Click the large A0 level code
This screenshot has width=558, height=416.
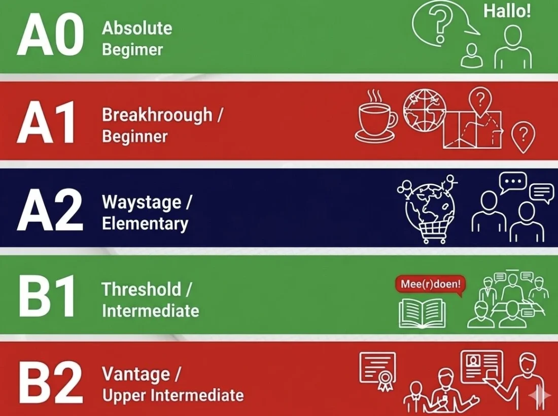50,35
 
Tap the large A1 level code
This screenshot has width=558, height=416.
47,122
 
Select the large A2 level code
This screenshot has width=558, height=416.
50,209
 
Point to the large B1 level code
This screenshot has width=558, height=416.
47,297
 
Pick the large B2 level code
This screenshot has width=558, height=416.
50,382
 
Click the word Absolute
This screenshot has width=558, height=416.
137,28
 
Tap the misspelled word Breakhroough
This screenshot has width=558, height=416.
157,115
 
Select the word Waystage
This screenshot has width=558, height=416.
142,202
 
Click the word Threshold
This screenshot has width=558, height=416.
141,290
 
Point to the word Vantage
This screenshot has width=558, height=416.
135,374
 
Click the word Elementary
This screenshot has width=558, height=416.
145,224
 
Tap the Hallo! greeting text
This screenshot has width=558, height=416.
507,11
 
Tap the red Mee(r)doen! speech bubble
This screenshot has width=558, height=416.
430,284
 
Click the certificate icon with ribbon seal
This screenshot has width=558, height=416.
378,370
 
